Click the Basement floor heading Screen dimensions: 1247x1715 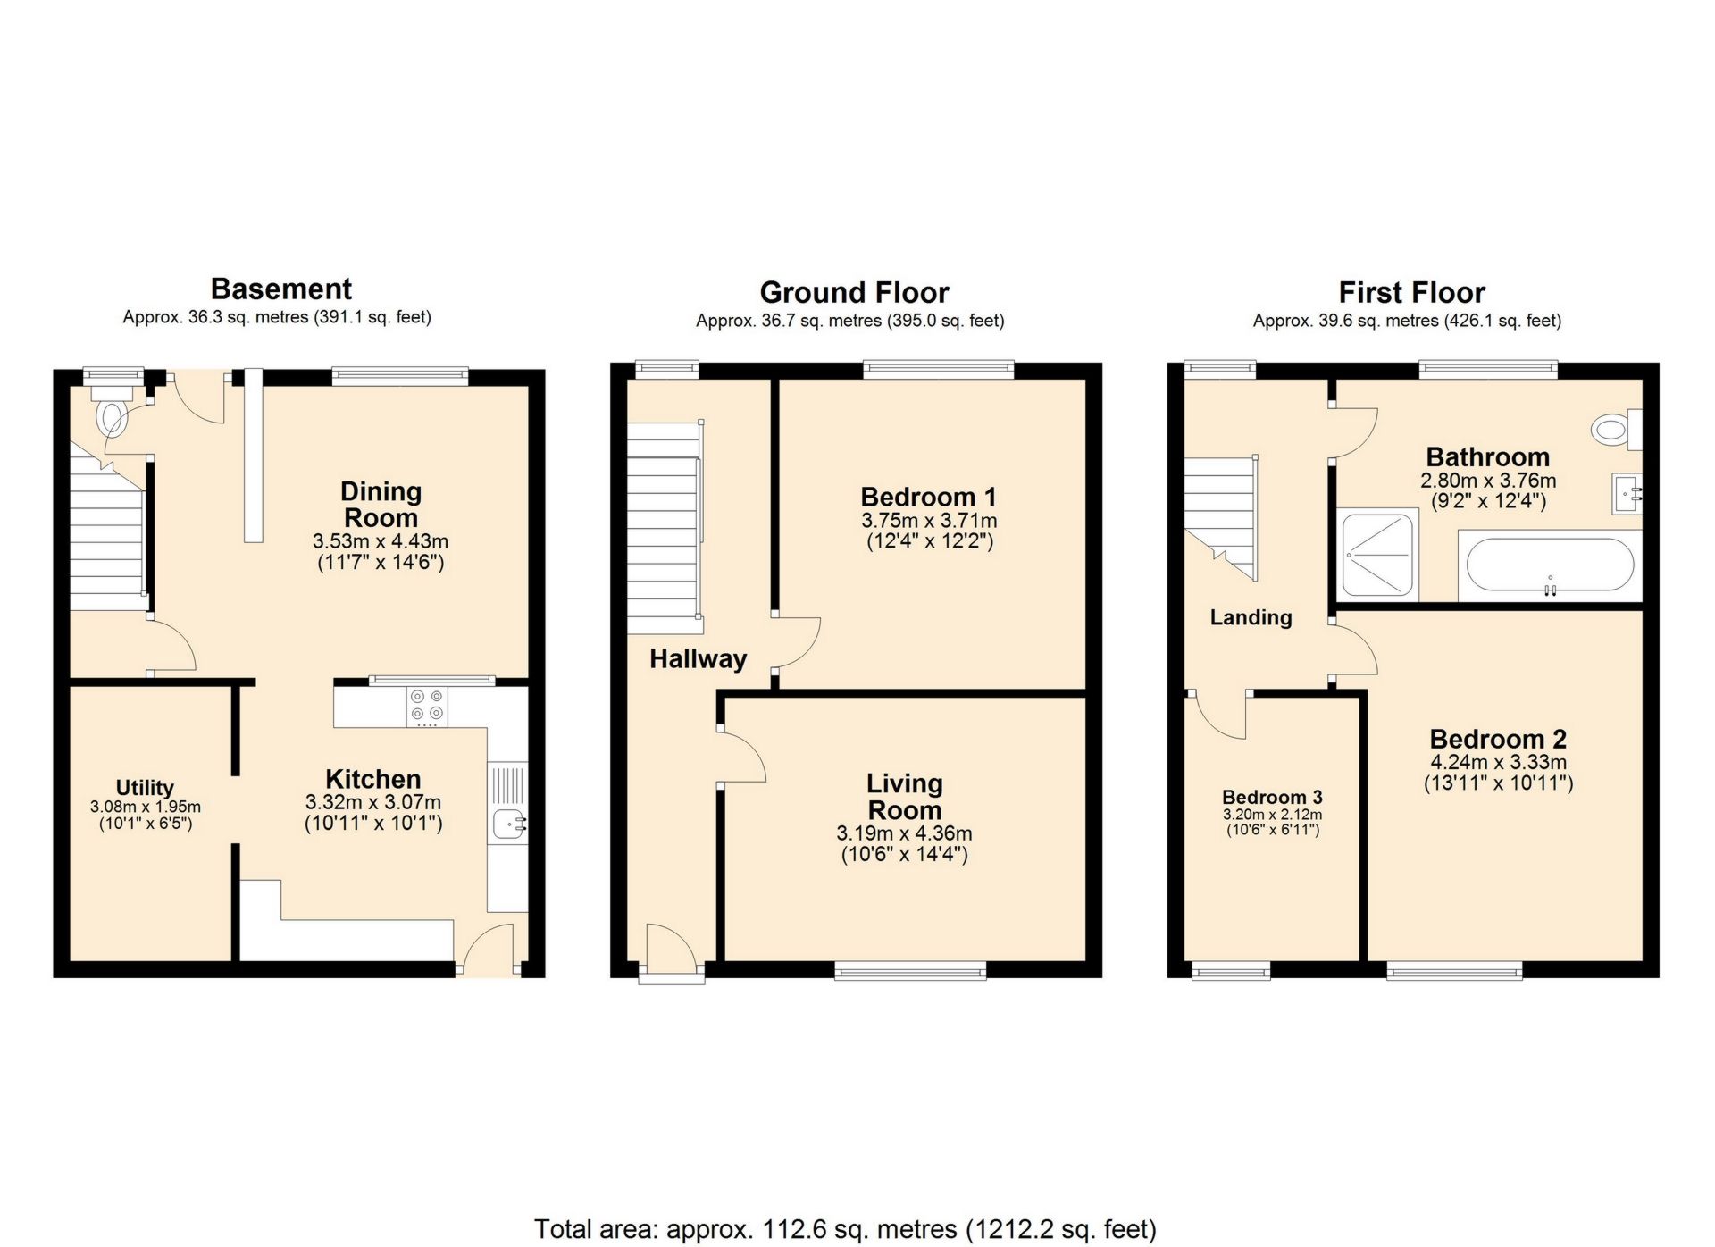point(280,289)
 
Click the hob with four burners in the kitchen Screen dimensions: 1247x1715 point(427,706)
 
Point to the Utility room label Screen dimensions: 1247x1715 point(145,787)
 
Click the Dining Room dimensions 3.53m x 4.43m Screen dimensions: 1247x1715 point(381,541)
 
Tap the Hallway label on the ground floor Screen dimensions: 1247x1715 point(698,659)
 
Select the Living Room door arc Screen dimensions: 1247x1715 point(743,757)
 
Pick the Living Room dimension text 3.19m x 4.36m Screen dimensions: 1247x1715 point(904,833)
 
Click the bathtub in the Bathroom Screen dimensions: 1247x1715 point(1550,565)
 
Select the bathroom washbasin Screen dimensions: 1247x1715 point(1627,494)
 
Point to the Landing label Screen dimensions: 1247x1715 point(1251,617)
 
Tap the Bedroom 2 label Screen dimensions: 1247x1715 point(1498,739)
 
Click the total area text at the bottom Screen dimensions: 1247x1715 point(845,1229)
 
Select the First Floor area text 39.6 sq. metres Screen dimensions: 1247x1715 point(1407,321)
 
